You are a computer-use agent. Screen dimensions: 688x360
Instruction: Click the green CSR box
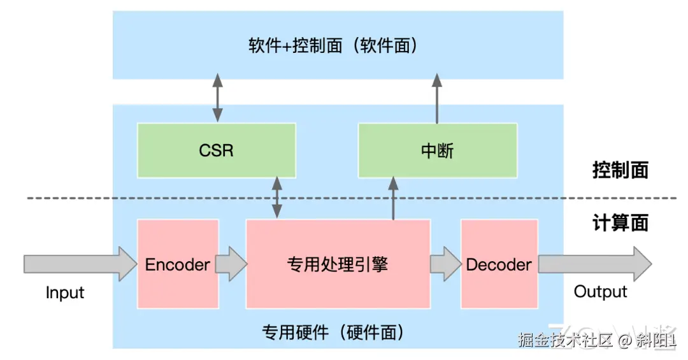tap(217, 150)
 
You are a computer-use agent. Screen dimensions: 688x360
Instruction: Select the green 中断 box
tap(438, 150)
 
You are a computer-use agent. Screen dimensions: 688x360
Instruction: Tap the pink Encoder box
tap(178, 264)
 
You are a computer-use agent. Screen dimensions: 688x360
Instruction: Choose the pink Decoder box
tap(499, 264)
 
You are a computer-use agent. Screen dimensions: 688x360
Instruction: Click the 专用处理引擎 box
tap(338, 264)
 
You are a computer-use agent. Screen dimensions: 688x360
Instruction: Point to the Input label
tap(65, 292)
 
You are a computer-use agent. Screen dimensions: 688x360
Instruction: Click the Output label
tap(600, 292)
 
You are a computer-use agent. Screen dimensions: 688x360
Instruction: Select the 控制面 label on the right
tap(620, 170)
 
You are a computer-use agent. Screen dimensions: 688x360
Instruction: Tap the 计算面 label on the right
tap(620, 223)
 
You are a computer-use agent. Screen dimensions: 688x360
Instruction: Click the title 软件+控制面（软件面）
tap(333, 45)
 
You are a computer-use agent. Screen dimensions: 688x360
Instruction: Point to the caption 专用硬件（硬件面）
tap(333, 333)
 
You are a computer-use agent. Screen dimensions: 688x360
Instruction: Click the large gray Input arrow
tap(80, 264)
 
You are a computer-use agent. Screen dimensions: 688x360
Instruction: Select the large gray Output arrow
tap(595, 264)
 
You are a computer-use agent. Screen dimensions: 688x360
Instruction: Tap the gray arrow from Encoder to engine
tap(232, 264)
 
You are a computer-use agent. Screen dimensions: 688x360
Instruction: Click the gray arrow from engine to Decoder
tap(446, 264)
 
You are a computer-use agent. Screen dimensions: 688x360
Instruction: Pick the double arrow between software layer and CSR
tap(218, 97)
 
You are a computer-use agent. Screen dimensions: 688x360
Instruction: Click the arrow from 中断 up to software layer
tap(437, 98)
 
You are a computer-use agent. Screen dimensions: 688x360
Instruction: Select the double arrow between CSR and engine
tap(277, 197)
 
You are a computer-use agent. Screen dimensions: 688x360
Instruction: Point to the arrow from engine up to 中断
tap(393, 198)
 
